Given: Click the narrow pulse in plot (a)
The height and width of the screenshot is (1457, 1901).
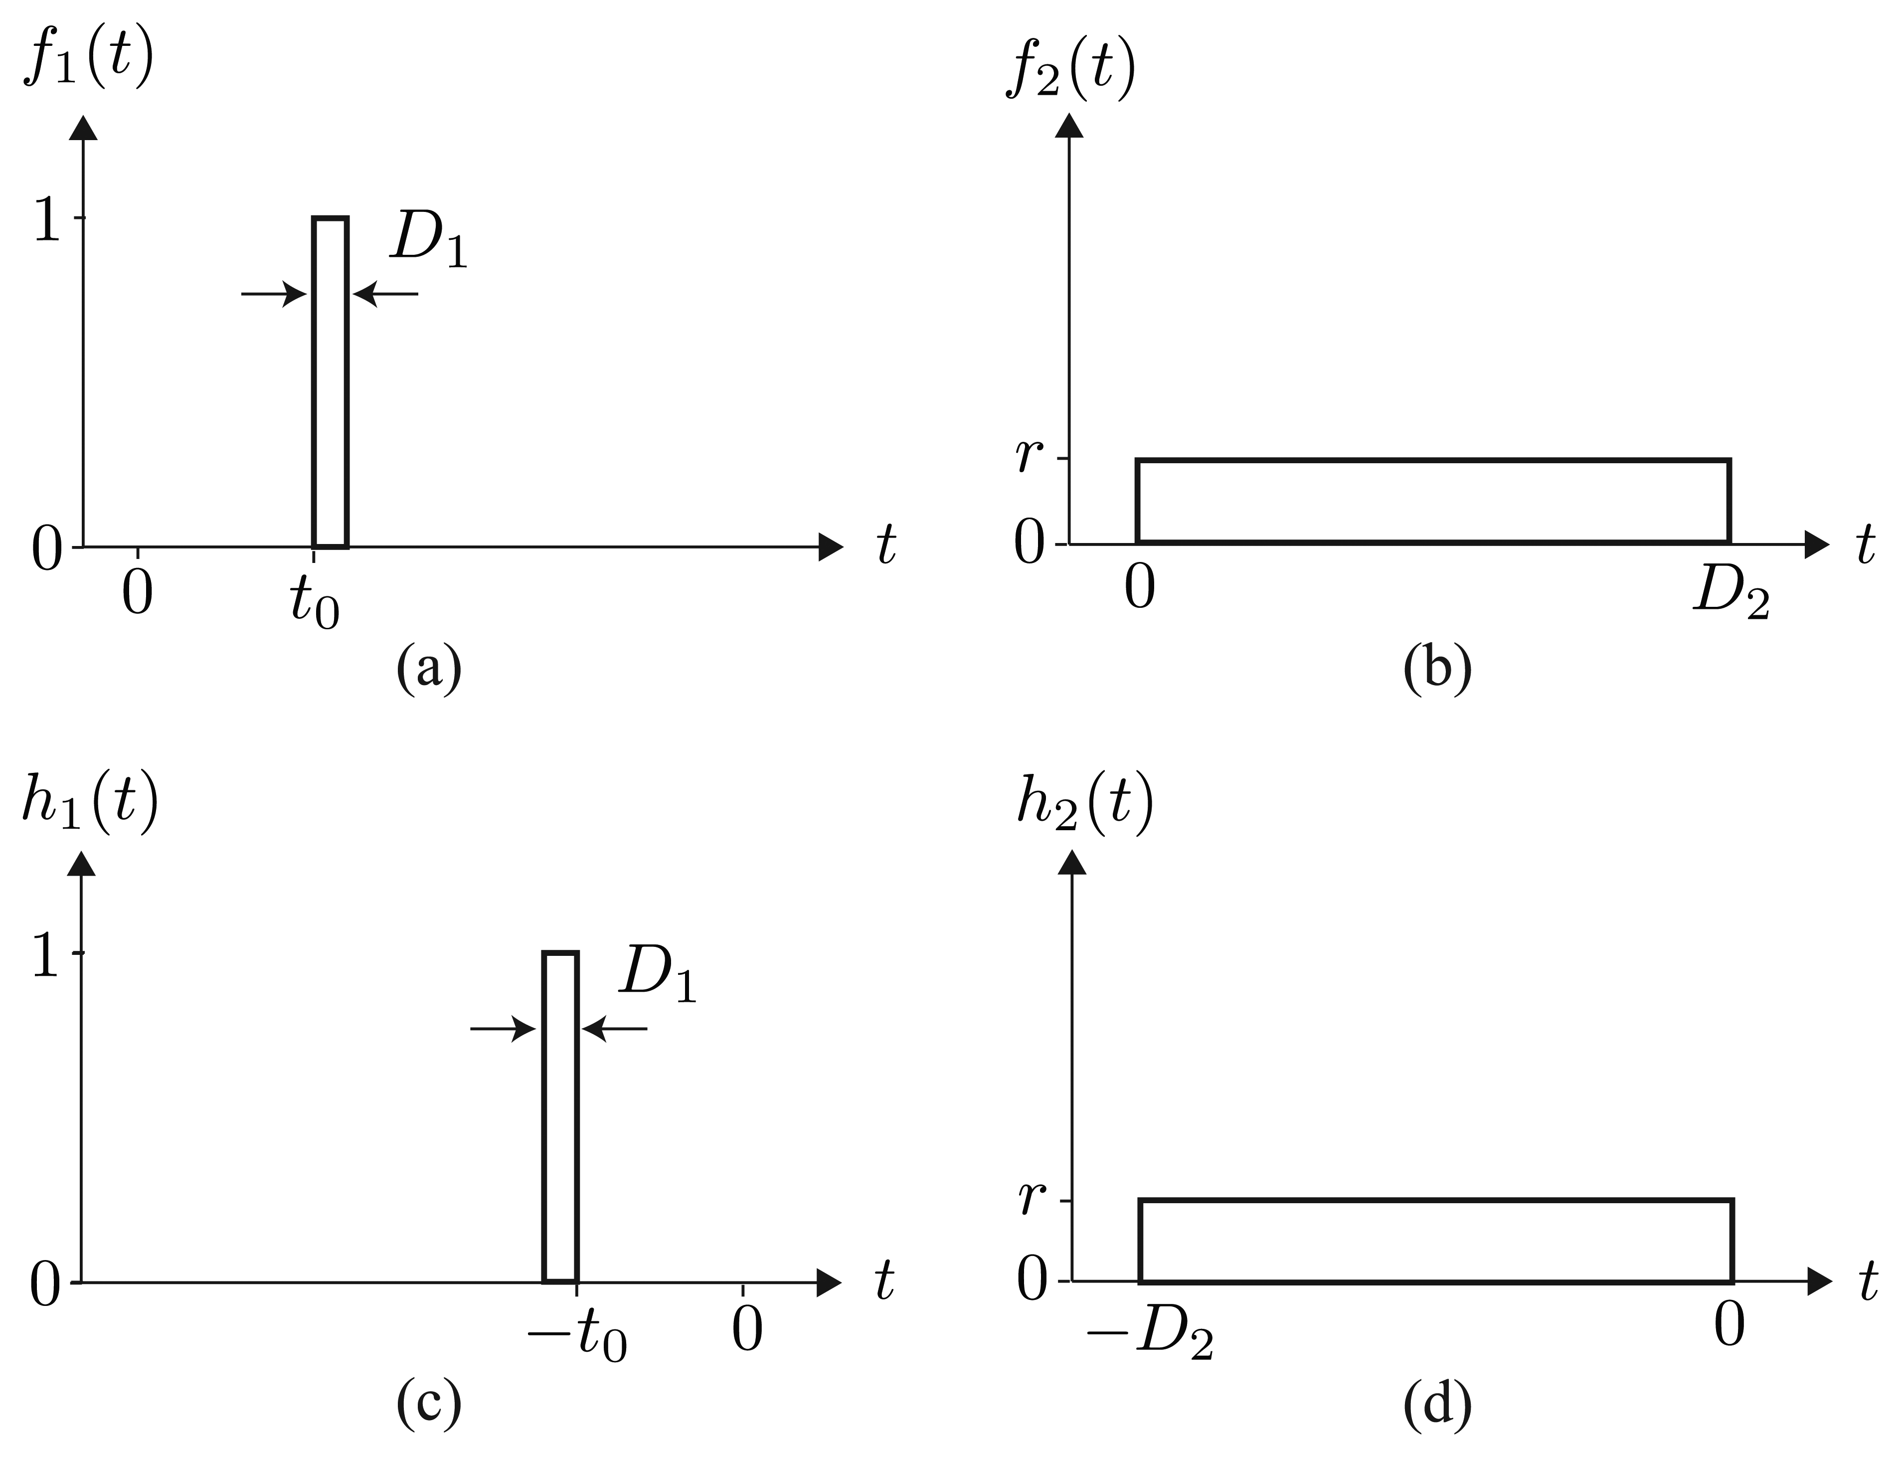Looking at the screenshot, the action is (x=331, y=381).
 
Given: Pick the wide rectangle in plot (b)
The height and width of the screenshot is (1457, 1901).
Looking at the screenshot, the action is (x=1433, y=501).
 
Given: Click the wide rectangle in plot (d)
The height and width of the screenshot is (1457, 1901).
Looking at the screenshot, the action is (x=1435, y=1240).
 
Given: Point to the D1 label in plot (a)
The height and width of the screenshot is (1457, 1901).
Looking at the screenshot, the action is (x=428, y=238).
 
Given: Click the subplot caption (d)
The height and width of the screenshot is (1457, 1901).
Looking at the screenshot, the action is (x=1437, y=1405).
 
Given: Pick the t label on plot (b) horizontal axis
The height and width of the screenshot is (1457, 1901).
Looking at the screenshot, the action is (x=1865, y=546).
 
